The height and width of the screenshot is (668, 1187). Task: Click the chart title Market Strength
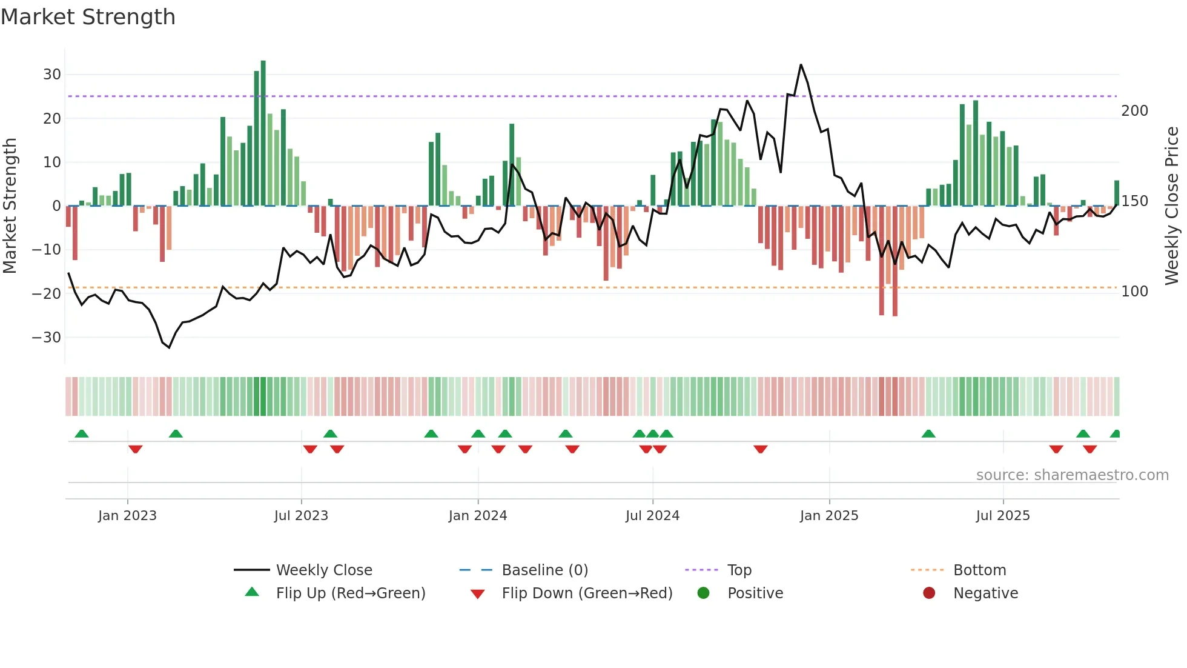pos(88,17)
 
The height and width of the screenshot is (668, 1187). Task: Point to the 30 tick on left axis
pos(52,75)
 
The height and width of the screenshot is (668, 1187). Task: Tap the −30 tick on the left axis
pos(47,338)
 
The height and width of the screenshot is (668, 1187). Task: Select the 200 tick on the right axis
pos(1134,111)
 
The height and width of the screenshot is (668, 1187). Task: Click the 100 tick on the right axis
pos(1134,292)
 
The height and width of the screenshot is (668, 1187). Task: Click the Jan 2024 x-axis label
pos(477,516)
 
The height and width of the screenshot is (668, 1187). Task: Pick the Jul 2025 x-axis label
pos(1002,516)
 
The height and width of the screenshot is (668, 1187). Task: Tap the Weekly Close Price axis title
pos(1172,206)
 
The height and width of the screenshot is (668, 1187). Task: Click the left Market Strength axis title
pos(10,206)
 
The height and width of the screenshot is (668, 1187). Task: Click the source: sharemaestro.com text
pos(1072,475)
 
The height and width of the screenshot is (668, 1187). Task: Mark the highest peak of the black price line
pos(801,65)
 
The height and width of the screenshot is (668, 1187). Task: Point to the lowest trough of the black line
pos(169,347)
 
